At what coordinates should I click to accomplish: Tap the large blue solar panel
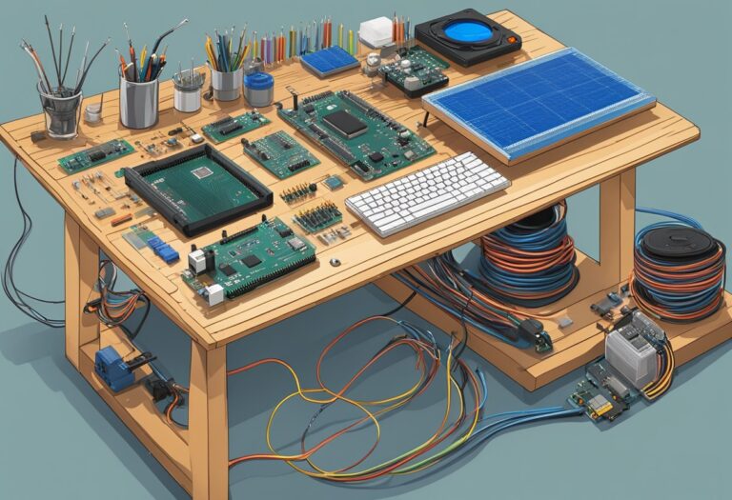click(539, 103)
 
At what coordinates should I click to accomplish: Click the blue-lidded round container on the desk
click(258, 88)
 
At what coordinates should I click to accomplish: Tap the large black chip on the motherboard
click(346, 123)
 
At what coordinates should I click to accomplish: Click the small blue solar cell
click(330, 62)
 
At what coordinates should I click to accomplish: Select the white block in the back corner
click(376, 30)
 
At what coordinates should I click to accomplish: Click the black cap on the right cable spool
click(679, 242)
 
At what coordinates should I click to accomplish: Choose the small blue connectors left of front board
click(163, 250)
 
